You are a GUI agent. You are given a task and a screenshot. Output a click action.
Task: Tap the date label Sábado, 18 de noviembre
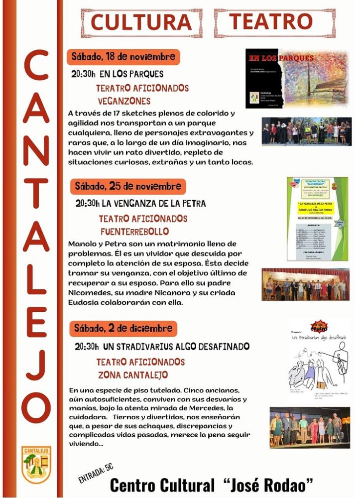tap(123, 56)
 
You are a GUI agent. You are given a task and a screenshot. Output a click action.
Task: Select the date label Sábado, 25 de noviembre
tap(127, 186)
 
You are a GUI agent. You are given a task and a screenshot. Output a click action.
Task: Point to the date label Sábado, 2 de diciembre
tap(123, 328)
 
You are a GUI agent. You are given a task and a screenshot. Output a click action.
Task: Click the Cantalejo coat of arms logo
tap(36, 464)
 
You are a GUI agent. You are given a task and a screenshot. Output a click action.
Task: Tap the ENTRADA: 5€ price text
tap(96, 472)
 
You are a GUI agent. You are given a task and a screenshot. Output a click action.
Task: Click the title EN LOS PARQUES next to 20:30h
tap(131, 75)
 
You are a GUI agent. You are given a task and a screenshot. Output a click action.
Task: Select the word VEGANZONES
tap(124, 101)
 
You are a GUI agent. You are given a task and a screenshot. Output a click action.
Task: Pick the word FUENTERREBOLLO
tap(134, 231)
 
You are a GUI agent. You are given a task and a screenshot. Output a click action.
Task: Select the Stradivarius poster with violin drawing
tap(318, 360)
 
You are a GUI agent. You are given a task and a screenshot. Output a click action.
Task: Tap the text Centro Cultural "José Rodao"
tap(212, 484)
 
